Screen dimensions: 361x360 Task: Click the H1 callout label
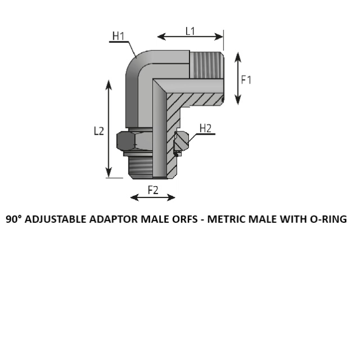(x=118, y=36)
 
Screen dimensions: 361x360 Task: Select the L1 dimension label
(x=190, y=31)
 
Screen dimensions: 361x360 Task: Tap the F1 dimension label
(x=246, y=80)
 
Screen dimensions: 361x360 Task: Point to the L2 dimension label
(x=99, y=131)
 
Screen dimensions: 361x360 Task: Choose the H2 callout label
(x=205, y=128)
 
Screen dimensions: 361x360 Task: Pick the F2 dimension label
(x=153, y=190)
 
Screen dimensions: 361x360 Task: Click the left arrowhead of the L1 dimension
(x=162, y=36)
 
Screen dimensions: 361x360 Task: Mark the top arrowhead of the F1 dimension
(x=238, y=57)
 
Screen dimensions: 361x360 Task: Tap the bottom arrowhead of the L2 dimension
(x=108, y=173)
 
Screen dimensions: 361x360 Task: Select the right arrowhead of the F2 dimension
(x=171, y=197)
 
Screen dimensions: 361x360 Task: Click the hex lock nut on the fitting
(x=134, y=141)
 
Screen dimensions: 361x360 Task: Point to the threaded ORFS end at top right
(x=206, y=65)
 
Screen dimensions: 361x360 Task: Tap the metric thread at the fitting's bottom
(x=140, y=167)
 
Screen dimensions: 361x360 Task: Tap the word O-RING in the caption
(x=328, y=219)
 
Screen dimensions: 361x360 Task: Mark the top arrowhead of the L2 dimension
(x=108, y=85)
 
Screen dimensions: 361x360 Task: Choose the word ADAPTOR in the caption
(x=114, y=219)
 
